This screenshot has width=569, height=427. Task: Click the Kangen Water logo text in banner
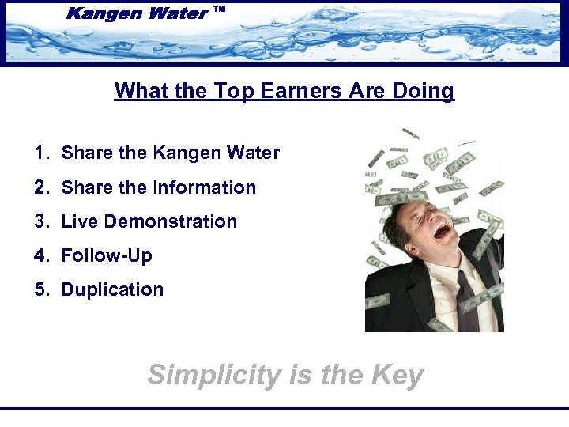pos(138,13)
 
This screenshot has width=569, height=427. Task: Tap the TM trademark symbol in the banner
pos(220,10)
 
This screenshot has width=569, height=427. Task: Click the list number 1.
pos(41,153)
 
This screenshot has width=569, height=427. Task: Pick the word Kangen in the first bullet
pos(180,153)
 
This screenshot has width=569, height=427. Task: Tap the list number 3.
pos(41,221)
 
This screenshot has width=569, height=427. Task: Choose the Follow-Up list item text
pos(107,255)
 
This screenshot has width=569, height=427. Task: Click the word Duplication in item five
pos(112,289)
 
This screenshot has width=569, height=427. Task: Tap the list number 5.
pos(41,289)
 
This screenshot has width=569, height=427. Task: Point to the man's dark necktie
pos(466,300)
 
